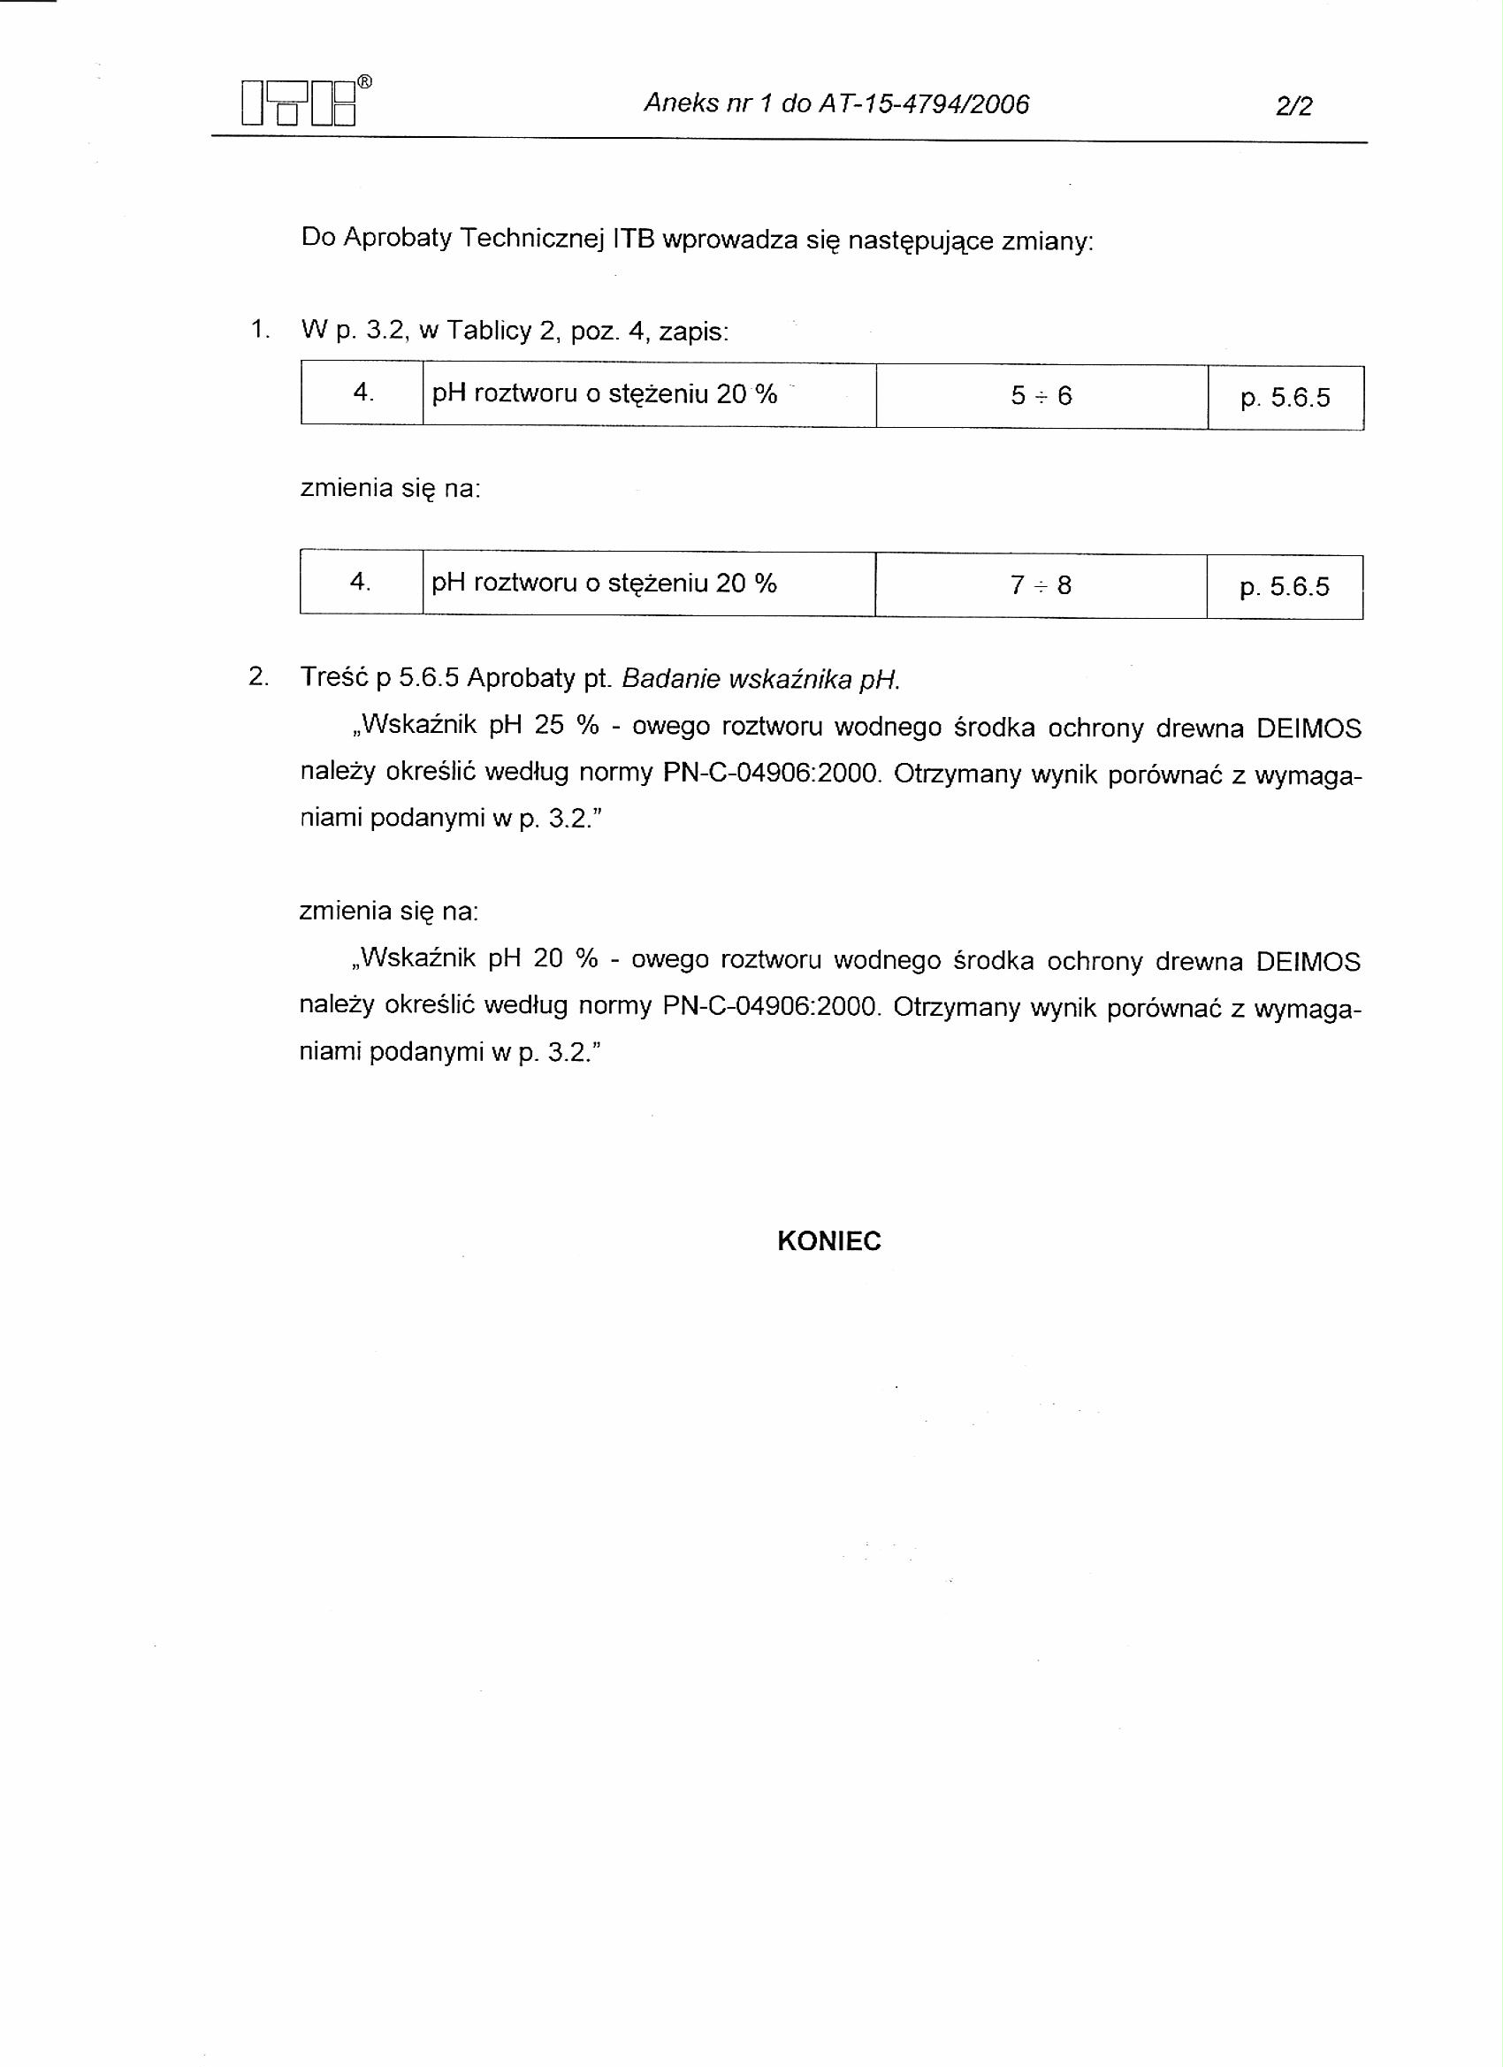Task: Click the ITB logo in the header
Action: (x=298, y=103)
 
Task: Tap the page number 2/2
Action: (x=1294, y=107)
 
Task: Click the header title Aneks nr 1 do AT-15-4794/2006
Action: (x=835, y=104)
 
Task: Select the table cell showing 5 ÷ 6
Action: (x=1041, y=395)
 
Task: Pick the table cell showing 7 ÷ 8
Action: (x=1040, y=585)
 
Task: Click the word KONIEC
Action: (x=828, y=1242)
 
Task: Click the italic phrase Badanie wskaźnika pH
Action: (x=760, y=679)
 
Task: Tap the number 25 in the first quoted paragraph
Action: (x=550, y=726)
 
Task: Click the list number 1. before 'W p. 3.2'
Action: (x=260, y=330)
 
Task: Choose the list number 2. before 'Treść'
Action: (x=259, y=677)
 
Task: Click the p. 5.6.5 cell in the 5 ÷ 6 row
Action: (x=1286, y=397)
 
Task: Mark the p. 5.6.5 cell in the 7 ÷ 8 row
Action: (x=1285, y=587)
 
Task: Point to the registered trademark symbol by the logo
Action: (x=363, y=82)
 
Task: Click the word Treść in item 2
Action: (x=333, y=677)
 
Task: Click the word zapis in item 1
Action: (x=693, y=332)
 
